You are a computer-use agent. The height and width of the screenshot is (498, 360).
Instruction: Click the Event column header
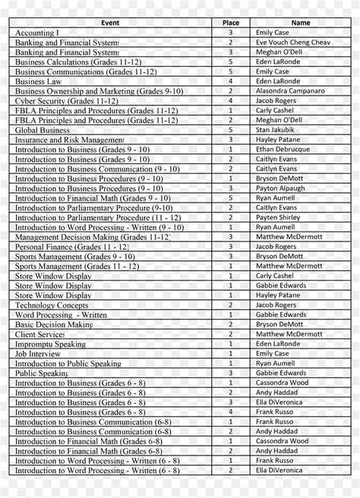coord(110,23)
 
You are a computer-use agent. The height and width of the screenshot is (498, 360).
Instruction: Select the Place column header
coord(230,23)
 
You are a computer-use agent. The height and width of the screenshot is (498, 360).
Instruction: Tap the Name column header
coord(300,23)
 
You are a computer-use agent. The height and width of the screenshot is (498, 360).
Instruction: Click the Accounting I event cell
coord(36,33)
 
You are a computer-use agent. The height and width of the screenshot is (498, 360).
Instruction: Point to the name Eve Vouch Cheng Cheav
coord(292,43)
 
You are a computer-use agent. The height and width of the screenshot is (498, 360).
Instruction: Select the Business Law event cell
coord(39,81)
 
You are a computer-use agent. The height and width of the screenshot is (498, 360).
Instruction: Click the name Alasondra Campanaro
coord(290,91)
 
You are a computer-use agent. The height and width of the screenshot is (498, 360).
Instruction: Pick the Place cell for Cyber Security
coord(230,101)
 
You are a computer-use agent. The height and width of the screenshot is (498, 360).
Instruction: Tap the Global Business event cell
coord(43,130)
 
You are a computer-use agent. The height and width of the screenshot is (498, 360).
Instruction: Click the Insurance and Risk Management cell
coord(69,140)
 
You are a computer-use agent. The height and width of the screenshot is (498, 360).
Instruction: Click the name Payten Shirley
coord(278,218)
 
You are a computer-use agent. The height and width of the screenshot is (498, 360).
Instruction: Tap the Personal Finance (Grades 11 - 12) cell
coord(72,247)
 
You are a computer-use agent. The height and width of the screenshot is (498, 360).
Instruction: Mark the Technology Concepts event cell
coord(52,305)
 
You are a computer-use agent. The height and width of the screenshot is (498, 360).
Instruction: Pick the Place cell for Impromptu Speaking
coord(230,344)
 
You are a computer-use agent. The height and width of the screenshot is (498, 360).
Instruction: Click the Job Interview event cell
coord(38,354)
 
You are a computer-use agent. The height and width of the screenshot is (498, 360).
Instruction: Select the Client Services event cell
coord(40,334)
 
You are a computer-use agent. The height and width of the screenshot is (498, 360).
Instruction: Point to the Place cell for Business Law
coord(230,81)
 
